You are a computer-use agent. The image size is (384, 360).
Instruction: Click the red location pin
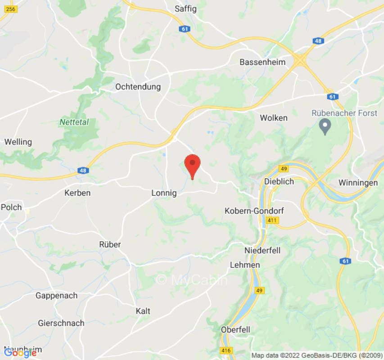193,165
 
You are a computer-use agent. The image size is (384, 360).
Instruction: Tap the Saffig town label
186,9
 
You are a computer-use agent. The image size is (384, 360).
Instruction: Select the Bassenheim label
263,62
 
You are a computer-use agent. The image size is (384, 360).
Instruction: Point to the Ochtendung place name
138,87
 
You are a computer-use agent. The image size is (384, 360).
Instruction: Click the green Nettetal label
74,122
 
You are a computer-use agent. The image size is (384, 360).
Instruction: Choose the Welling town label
18,142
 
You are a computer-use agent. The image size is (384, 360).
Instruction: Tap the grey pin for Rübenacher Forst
325,126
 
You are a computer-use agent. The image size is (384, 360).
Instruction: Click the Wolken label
274,118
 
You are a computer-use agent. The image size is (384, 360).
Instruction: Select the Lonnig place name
164,193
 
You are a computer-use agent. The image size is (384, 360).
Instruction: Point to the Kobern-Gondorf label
254,211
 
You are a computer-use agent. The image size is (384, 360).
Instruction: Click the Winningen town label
358,183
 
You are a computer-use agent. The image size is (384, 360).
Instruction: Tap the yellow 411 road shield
273,220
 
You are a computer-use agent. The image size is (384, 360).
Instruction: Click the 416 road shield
226,350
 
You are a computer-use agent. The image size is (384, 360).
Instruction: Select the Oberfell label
235,330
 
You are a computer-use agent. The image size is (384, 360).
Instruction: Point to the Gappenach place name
56,296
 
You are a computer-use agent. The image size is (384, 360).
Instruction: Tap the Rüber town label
110,244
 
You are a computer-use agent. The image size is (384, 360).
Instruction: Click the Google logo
20,353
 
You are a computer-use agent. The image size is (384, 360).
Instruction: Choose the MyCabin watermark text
192,280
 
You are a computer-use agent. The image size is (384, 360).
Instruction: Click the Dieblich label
280,182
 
